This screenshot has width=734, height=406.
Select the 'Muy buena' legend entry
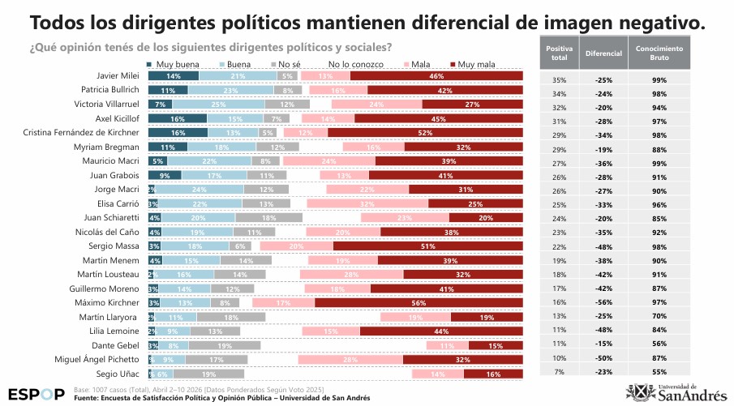pyautogui.click(x=172, y=63)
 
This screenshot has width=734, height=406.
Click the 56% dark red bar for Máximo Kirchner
pyautogui.click(x=419, y=302)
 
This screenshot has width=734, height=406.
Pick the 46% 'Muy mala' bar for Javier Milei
pyautogui.click(x=436, y=76)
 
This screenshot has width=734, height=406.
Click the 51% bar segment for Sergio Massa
pyautogui.click(x=427, y=246)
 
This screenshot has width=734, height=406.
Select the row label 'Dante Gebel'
pyautogui.click(x=118, y=345)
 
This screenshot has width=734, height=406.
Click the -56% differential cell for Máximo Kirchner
pyautogui.click(x=603, y=301)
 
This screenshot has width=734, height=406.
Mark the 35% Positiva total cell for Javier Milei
pyautogui.click(x=559, y=80)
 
